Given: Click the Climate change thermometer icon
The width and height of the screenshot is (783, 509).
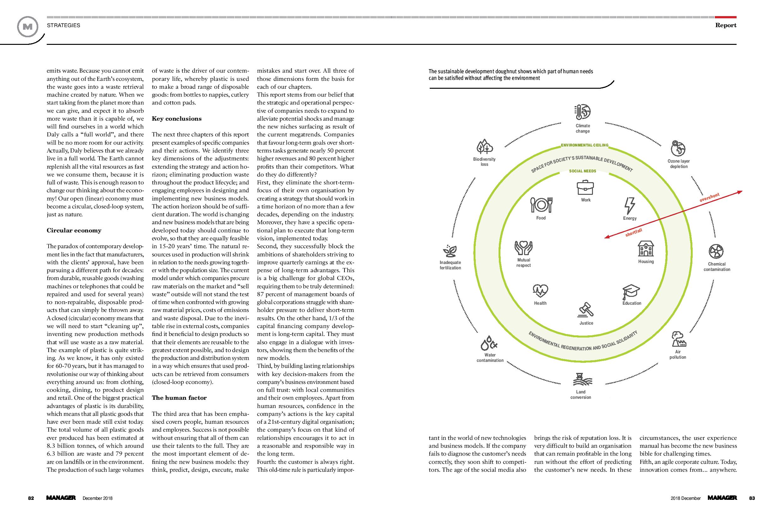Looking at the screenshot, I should [582, 112].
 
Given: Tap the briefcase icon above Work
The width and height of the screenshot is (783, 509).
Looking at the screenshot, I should [585, 188].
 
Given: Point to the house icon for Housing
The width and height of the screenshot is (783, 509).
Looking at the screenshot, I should [646, 249].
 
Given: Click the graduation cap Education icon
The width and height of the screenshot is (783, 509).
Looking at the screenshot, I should [631, 291].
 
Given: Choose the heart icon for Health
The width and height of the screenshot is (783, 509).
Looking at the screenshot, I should [540, 291].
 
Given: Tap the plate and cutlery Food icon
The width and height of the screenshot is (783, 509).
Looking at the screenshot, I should [541, 205].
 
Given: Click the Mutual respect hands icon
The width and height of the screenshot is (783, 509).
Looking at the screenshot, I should [523, 248].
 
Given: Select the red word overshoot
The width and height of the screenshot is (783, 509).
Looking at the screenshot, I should [710, 197].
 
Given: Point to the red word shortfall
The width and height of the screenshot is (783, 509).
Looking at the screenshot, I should [634, 233].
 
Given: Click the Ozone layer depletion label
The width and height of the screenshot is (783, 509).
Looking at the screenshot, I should [679, 164].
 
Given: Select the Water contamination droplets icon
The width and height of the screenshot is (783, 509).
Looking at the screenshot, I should [489, 343].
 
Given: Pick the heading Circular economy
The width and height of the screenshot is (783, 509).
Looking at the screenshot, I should [74, 230].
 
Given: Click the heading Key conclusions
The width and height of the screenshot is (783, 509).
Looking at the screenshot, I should [177, 119].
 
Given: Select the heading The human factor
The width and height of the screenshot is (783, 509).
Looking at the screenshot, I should [179, 398].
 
